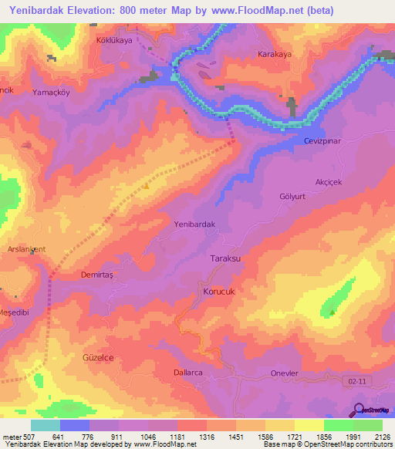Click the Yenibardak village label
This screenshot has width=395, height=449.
tap(194, 224)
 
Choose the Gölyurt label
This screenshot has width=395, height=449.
tap(293, 196)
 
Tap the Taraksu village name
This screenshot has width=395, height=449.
tap(227, 260)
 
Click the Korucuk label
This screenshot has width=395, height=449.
tap(218, 292)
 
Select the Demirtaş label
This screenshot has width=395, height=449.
tap(97, 274)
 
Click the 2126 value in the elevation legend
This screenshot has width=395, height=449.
tap(381, 437)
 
